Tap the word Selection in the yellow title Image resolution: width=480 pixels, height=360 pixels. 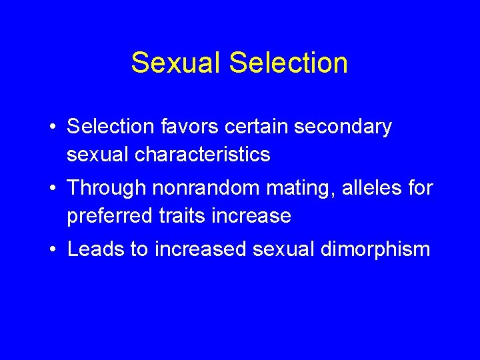(288, 63)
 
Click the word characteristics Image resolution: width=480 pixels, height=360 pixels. (203, 155)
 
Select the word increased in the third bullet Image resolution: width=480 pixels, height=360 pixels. (201, 249)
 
